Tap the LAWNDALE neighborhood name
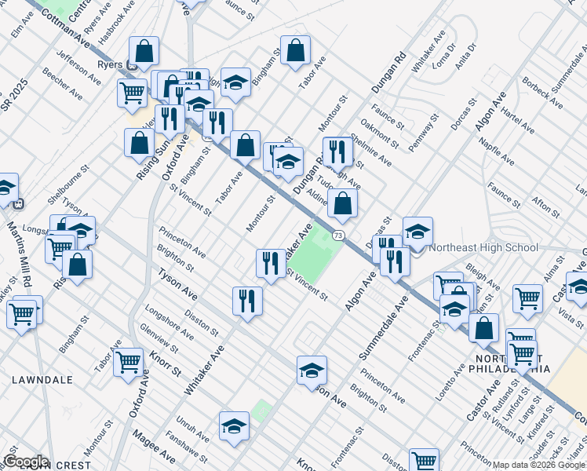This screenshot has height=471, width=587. tap(42, 380)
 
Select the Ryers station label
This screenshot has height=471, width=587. tap(108, 65)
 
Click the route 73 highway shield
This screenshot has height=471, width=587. tap(337, 235)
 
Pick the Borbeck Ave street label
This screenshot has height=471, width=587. tap(541, 92)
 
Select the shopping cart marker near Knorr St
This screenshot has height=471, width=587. tap(128, 362)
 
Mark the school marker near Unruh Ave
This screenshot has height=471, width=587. tap(234, 425)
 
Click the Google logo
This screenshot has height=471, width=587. tap(25, 462)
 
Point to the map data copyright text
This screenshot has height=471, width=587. tap(538, 465)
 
